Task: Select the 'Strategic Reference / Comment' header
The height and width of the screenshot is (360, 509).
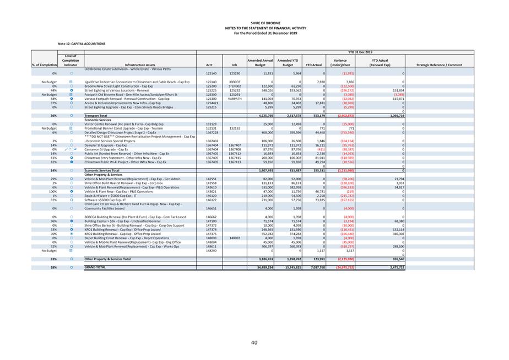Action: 440,65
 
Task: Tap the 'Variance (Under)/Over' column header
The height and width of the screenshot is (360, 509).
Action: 336,62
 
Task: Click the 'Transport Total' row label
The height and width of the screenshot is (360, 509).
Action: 95,116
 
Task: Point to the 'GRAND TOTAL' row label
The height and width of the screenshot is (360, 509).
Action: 95,267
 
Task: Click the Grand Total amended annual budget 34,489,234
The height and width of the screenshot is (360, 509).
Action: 262,267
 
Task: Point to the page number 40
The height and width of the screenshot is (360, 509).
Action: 254,343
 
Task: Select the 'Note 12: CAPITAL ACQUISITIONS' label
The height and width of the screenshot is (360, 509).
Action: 82,43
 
